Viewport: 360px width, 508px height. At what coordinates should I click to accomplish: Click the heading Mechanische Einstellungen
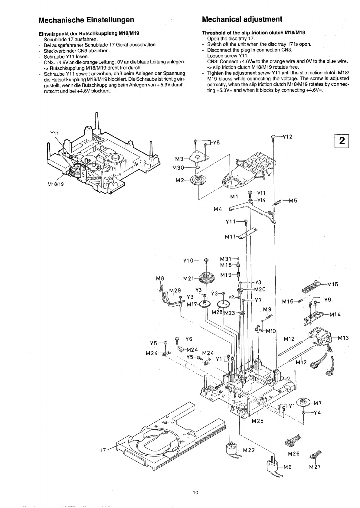click(x=86, y=20)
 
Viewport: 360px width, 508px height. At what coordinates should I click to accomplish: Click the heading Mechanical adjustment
click(x=242, y=19)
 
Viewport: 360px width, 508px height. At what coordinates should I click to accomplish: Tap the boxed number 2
click(x=342, y=141)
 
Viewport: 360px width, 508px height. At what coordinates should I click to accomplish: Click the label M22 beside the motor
click(x=249, y=450)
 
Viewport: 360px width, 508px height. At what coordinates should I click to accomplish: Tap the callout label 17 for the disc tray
click(x=103, y=450)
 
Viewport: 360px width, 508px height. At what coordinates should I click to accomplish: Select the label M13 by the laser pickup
click(x=343, y=338)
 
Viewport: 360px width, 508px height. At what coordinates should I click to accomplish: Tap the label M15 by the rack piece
click(x=332, y=284)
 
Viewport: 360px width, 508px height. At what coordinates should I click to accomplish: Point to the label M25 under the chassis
click(x=258, y=421)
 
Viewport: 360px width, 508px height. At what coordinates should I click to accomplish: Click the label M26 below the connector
click(x=294, y=454)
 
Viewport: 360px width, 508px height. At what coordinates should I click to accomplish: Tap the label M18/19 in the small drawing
click(x=56, y=184)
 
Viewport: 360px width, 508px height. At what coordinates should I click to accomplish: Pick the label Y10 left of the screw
click(x=188, y=261)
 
